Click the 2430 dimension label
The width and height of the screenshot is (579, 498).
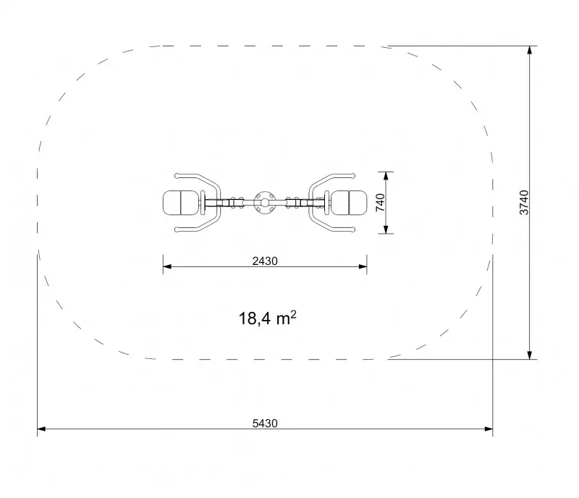point(265,261)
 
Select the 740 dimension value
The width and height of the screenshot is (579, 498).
point(380,203)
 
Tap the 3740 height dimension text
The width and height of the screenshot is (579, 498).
point(524,203)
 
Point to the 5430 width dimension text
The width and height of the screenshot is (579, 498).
point(265,423)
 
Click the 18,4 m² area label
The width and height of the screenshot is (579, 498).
point(267,318)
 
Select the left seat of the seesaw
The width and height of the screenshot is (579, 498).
point(180,203)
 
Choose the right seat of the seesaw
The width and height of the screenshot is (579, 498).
point(349,203)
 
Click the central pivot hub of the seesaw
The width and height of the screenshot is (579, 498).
point(265,203)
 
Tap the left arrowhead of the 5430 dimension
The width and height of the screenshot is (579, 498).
point(41,429)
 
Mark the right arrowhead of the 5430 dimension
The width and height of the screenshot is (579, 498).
point(489,429)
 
